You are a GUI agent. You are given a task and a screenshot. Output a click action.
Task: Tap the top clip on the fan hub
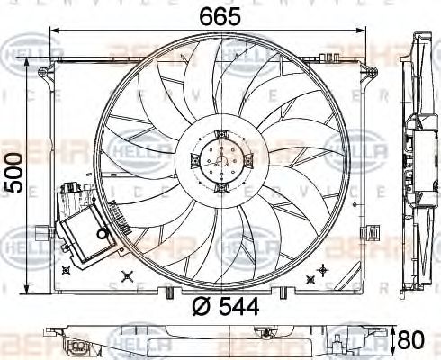219,132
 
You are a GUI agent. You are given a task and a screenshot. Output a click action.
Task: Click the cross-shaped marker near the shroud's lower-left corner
66,268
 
